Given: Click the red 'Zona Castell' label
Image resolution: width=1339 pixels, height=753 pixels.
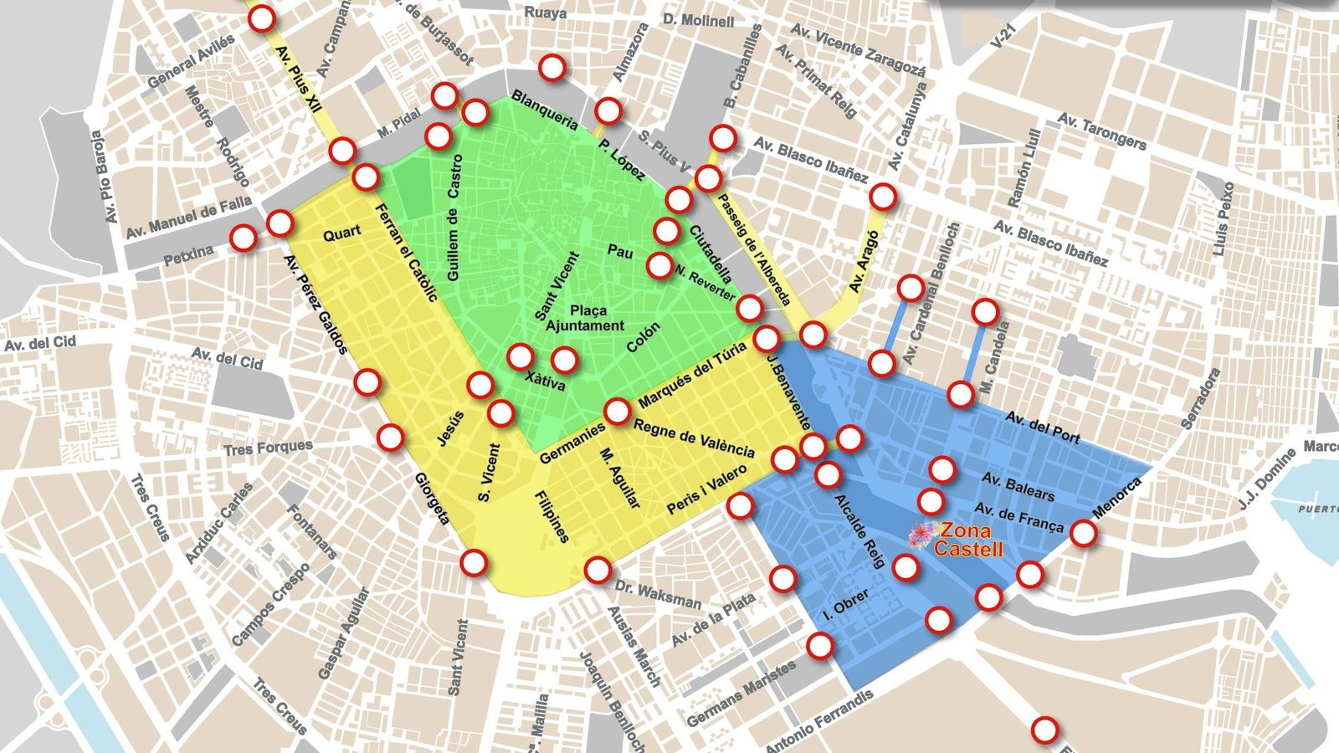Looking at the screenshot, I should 967,540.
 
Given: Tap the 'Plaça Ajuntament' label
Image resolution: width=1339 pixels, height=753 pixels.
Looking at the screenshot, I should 585,318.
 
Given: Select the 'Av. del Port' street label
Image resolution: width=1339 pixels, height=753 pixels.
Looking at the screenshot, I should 1043,427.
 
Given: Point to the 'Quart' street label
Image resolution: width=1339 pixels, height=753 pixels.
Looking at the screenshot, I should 341,233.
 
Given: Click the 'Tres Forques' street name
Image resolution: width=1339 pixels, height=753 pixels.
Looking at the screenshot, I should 268,448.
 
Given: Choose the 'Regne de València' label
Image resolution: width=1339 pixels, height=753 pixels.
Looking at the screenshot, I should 694,438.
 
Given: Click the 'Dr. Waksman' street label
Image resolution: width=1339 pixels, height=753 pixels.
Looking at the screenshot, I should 658,595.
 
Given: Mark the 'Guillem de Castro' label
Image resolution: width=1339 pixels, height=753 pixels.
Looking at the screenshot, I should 454,217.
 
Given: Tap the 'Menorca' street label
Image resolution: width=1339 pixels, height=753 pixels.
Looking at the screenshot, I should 1117,499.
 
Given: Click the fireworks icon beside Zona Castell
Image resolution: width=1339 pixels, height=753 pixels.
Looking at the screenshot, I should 922,532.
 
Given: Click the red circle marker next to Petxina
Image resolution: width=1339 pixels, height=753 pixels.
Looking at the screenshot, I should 244,238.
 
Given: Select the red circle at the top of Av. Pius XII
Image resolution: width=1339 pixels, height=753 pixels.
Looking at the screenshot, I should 262,18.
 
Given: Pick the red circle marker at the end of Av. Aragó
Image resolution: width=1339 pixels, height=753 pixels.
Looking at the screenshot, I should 883,197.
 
